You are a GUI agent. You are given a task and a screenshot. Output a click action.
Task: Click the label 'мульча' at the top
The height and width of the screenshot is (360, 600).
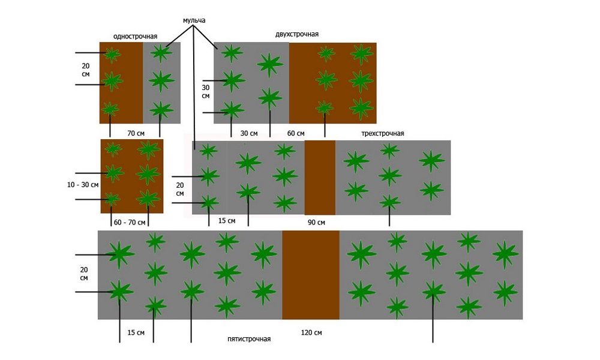click(194, 20)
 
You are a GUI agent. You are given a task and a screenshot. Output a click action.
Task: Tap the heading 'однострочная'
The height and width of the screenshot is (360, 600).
click(135, 37)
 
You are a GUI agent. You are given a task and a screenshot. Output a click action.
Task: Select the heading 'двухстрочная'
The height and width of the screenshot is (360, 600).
click(296, 34)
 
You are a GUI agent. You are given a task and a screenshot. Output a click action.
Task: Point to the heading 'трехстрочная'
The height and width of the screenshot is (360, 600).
click(383, 134)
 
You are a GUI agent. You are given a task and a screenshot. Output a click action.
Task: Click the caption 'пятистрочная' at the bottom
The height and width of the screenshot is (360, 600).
click(249, 339)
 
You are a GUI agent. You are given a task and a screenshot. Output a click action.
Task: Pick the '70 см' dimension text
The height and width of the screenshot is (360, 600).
click(136, 134)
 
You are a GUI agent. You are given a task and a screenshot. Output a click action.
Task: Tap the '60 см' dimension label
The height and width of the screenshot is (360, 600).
click(296, 133)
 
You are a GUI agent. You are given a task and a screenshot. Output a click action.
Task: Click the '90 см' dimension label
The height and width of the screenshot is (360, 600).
click(316, 222)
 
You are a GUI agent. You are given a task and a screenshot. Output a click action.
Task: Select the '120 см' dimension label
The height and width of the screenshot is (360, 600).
click(311, 332)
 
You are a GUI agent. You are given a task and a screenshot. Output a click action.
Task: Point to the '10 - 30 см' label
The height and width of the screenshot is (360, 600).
click(83, 185)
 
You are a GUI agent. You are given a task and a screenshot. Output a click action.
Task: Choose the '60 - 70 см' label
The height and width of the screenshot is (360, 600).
click(130, 222)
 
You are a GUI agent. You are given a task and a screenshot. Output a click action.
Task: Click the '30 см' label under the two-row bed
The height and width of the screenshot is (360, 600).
click(249, 133)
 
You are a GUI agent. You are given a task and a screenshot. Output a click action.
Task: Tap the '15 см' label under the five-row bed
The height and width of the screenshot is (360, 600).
click(136, 332)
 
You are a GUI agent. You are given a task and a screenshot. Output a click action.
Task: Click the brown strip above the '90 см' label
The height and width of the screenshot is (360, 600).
click(320, 178)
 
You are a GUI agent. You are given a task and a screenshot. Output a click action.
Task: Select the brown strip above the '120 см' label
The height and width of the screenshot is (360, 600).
click(311, 275)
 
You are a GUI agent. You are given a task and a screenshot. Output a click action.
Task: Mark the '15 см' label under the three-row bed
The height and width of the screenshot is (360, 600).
click(227, 221)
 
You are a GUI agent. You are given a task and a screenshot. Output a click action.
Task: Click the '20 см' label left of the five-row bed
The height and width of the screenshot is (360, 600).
click(84, 274)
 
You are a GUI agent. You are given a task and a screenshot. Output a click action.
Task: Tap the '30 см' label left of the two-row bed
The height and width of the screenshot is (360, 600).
click(205, 92)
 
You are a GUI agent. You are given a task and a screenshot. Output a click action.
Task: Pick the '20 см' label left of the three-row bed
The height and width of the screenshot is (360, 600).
click(180, 190)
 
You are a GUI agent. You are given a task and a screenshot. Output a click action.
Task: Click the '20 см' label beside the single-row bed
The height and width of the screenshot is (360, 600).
click(85, 70)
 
